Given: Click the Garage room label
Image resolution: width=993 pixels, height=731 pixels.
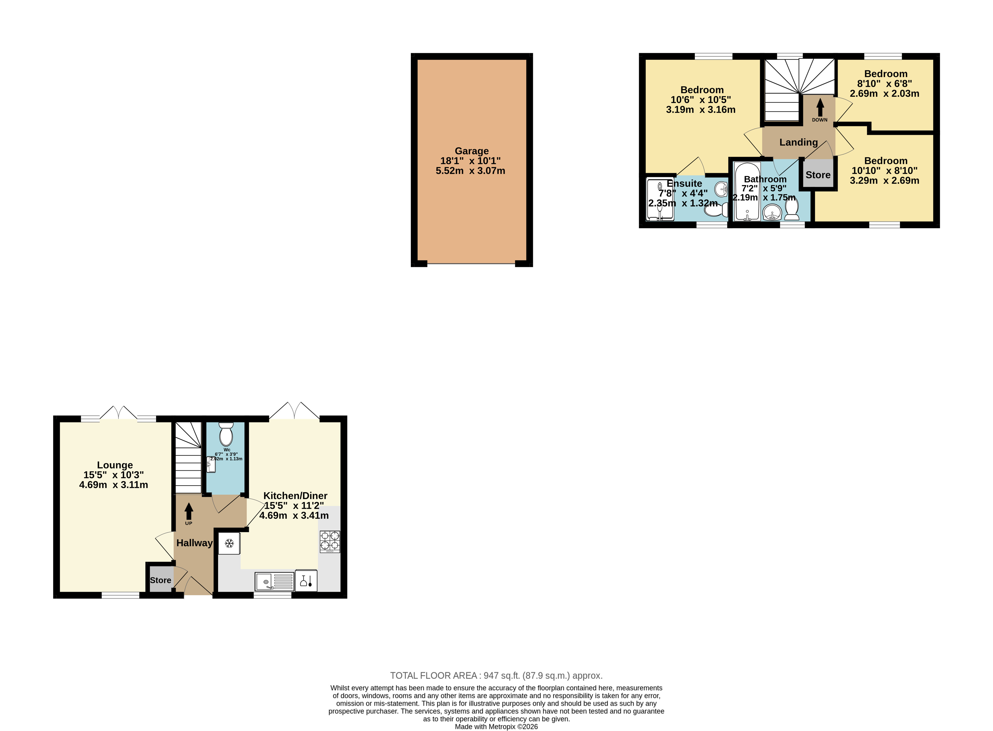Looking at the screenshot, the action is [471, 151].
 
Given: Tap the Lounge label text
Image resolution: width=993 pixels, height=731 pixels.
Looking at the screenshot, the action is [115, 465].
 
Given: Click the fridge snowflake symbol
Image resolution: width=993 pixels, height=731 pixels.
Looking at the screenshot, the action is [229, 543].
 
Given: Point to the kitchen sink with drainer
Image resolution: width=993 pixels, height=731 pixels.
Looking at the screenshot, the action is [274, 582].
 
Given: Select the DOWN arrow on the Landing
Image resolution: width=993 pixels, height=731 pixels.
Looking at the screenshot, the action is [820, 107].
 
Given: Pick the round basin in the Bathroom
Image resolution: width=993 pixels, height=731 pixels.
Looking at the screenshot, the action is [772, 213].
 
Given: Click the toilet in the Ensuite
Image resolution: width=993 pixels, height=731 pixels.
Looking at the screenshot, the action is [715, 209].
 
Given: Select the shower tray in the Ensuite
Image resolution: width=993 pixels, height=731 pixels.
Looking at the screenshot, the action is [660, 199].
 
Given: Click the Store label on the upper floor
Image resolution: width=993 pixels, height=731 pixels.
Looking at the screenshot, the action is [818, 175].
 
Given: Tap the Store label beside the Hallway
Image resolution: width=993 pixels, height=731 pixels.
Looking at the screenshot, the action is [160, 580].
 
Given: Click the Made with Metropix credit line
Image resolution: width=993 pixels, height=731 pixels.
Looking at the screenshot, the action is [496, 726].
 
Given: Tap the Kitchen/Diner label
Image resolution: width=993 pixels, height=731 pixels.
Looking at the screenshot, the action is [295, 496].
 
